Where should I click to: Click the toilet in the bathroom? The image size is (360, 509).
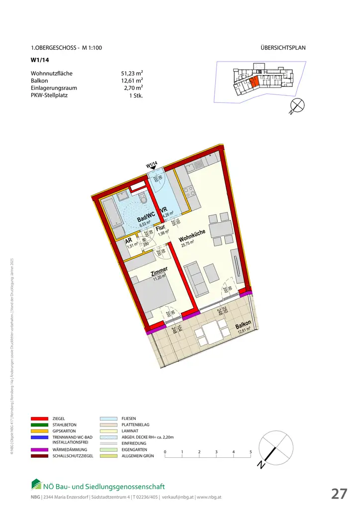pos(143,201)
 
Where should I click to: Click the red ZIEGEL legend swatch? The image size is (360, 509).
pos(39,419)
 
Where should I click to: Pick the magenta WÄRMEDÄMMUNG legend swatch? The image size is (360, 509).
pos(39,450)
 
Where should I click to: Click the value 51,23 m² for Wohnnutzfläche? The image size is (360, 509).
pos(128,74)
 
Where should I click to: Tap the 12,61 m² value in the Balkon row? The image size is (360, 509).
pos(128,81)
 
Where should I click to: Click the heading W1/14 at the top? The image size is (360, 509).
pos(39,62)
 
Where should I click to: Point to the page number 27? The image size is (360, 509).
pos(339,494)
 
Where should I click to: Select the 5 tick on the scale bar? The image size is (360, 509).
pos(251,451)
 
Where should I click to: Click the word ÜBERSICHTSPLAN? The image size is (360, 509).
pos(283,48)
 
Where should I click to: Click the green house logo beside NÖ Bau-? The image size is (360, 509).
pos(37,484)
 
